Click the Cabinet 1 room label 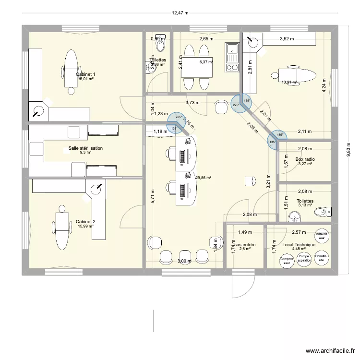[85, 74]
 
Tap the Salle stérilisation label [85, 149]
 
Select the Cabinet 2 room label [85, 222]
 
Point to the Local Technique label [299, 245]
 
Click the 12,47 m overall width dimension [180, 13]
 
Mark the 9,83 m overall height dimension [348, 149]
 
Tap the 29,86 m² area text [204, 177]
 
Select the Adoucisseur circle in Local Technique [322, 236]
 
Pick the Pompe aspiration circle [303, 259]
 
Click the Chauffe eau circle [321, 259]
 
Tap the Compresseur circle [287, 260]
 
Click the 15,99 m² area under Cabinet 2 [85, 227]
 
